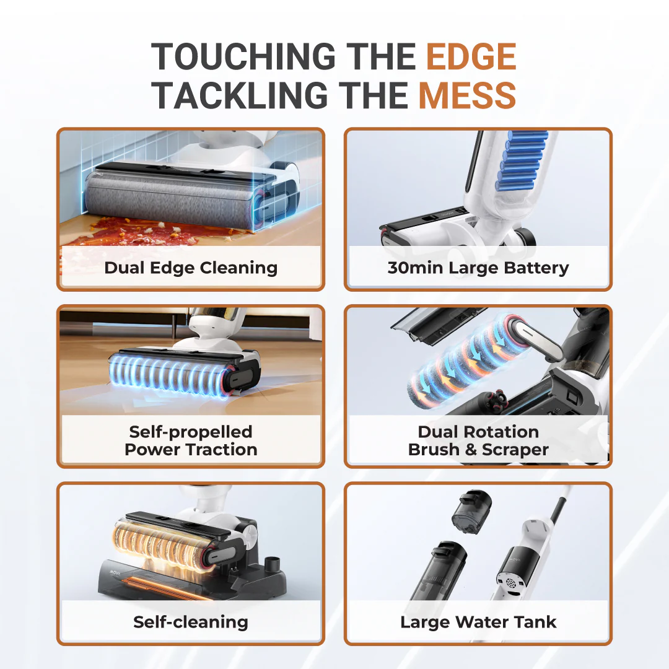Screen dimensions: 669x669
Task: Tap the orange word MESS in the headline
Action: click(x=467, y=95)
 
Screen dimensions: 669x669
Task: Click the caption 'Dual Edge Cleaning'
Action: click(x=191, y=268)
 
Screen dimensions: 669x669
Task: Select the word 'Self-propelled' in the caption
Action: click(x=191, y=432)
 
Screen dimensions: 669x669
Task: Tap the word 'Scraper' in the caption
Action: click(x=515, y=450)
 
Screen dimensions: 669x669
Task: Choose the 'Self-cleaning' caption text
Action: click(x=191, y=622)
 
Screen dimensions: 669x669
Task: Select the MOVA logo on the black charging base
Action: click(x=115, y=572)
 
